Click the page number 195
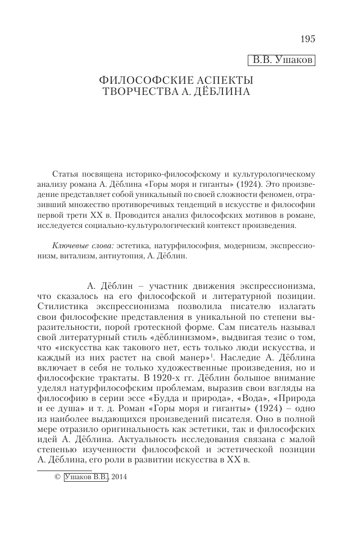tap(308, 39)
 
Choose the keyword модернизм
tap(241, 245)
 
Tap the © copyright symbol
tap(57, 477)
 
